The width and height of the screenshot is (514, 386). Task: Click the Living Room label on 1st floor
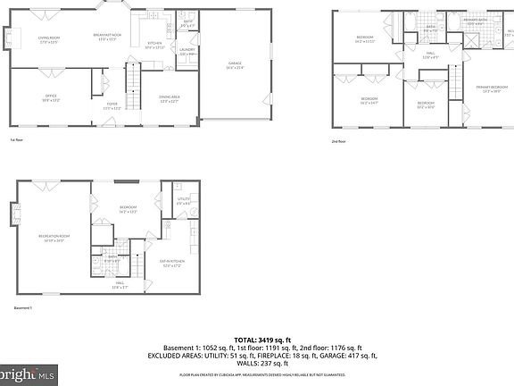coord(47,39)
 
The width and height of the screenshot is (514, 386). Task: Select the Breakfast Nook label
coord(107,37)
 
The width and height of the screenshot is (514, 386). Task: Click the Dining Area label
coord(170,98)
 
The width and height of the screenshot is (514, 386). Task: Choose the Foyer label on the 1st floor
coord(112,106)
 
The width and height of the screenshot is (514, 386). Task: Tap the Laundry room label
coord(187,52)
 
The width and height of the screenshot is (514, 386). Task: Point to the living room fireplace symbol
coord(12,39)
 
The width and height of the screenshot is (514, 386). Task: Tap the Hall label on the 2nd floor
coord(430,56)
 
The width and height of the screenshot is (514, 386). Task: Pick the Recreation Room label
coord(54,238)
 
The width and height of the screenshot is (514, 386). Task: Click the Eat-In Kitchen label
coord(170,264)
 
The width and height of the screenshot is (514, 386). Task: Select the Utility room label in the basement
coord(184,201)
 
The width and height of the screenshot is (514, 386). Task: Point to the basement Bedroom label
coord(128,210)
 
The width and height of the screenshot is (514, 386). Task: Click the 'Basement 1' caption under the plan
coord(23,308)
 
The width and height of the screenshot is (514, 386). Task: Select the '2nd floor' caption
coord(338,140)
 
